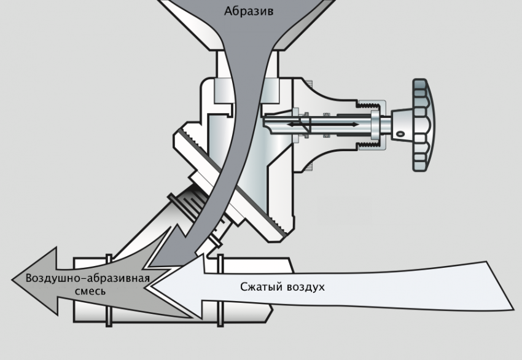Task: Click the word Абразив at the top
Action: tap(249, 11)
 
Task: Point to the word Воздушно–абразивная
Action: tap(88, 278)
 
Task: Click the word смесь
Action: tap(90, 291)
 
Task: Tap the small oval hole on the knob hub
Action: tap(400, 134)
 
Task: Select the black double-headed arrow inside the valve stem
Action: tap(323, 125)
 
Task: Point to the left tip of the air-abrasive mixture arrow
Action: tap(12, 280)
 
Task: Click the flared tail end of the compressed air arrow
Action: tap(499, 286)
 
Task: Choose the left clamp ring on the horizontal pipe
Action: tap(109, 290)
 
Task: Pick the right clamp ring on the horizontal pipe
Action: tap(220, 290)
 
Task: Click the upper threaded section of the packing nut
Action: tap(368, 106)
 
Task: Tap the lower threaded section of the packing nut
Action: tap(368, 146)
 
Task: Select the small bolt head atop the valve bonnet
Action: tap(310, 82)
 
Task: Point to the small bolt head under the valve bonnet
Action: tap(310, 168)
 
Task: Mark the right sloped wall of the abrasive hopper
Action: tap(305, 26)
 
